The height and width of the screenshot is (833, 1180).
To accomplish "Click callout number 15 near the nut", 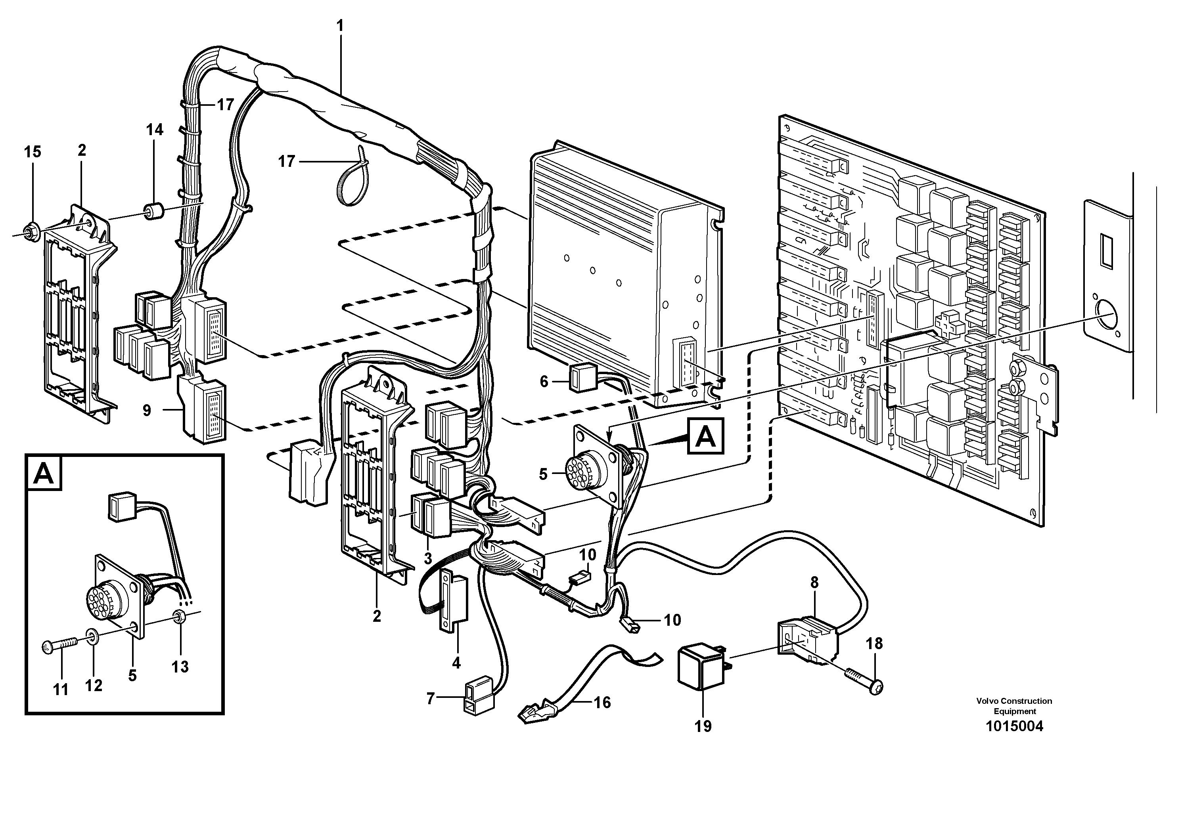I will [33, 152].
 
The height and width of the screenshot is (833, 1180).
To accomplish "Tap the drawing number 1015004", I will [1014, 726].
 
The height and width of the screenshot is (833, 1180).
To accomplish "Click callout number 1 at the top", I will [340, 25].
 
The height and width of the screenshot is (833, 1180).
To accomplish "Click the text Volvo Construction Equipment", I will [1014, 706].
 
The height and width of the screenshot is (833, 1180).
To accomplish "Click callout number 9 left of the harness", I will [147, 410].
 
